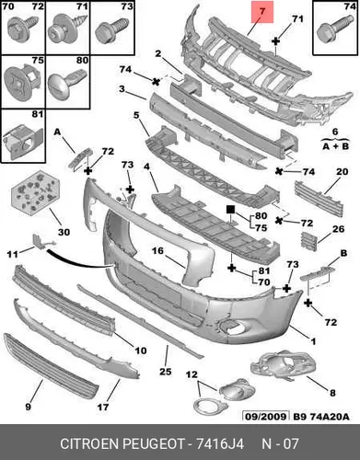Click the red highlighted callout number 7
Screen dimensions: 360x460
(x=261, y=12)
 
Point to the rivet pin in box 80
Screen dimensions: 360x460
(x=67, y=81)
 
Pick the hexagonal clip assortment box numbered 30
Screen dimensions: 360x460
(x=36, y=191)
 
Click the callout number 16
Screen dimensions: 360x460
(x=158, y=251)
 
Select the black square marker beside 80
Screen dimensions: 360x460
(x=230, y=210)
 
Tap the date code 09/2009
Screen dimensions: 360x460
(x=266, y=417)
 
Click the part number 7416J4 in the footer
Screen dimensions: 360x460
(x=220, y=443)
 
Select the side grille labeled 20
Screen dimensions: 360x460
(x=319, y=199)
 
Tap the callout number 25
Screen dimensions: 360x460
(x=165, y=372)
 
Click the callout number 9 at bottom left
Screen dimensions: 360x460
(x=28, y=407)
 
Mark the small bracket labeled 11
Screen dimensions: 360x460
(x=43, y=240)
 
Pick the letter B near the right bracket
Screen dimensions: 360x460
(x=343, y=253)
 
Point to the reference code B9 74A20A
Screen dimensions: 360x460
(x=321, y=417)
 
